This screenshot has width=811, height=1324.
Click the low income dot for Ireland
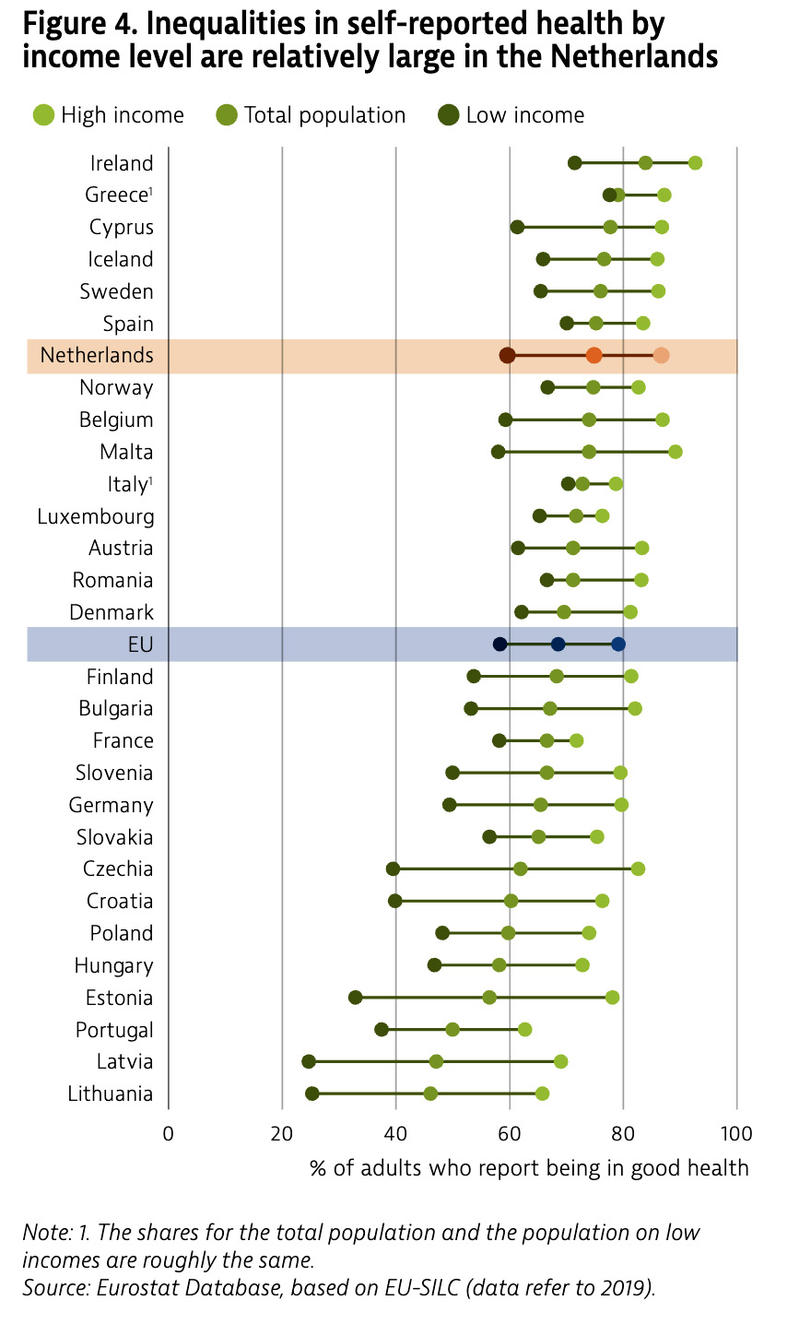click(x=575, y=163)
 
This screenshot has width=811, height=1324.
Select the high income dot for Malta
click(x=676, y=452)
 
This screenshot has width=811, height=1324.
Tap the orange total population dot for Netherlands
click(x=594, y=355)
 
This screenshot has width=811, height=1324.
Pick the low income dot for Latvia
click(x=309, y=1061)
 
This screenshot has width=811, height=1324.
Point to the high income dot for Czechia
click(x=638, y=869)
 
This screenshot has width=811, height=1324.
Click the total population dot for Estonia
click(x=489, y=998)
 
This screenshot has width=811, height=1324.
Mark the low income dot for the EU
click(x=500, y=644)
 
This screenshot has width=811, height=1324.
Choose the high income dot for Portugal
click(x=524, y=1029)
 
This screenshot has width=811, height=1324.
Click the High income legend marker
click(x=42, y=115)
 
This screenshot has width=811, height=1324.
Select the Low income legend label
click(x=524, y=115)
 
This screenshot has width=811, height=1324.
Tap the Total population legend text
click(x=324, y=115)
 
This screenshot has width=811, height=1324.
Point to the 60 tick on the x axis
click(x=510, y=1132)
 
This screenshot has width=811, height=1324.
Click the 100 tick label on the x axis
click(x=736, y=1132)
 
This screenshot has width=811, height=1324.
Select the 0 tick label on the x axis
click(x=168, y=1132)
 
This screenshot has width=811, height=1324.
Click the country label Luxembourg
click(x=96, y=516)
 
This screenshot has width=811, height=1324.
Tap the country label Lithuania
click(x=111, y=1093)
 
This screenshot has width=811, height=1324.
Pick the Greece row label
click(x=117, y=195)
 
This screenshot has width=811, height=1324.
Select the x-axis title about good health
click(x=529, y=1168)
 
